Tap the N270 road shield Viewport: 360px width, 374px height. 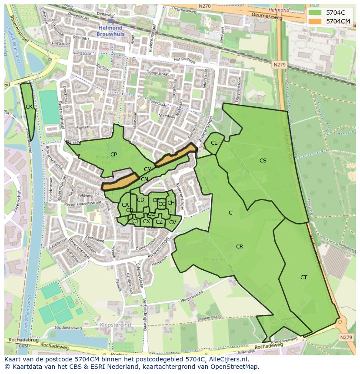[204, 7]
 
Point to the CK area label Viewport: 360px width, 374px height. [29, 107]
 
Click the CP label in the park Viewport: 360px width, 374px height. [113, 155]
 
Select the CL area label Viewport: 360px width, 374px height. [214, 143]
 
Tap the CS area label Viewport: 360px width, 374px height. [263, 161]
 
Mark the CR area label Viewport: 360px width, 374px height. [239, 247]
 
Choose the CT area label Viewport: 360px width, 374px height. [303, 278]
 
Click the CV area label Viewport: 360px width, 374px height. [172, 222]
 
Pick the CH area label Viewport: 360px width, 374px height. [171, 203]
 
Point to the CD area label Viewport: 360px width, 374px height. [140, 200]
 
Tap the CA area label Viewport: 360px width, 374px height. [125, 205]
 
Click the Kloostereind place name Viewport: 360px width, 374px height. [115, 324]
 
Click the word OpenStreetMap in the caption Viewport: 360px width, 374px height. [234, 367]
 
